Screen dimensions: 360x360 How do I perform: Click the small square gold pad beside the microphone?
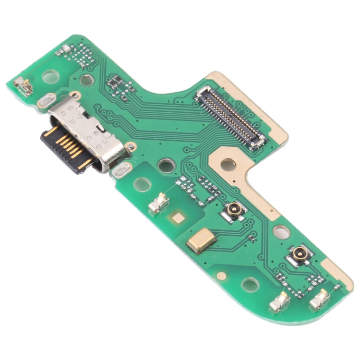pos(179,218)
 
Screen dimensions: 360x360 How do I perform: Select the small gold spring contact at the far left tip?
pos(23,86)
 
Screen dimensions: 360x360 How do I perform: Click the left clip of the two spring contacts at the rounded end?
pos(280,301)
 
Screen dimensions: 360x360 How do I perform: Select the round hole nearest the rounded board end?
pos(250,285)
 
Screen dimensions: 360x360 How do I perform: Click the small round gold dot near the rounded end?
pos(222,276)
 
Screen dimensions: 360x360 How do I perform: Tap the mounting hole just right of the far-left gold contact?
pos(49,76)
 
